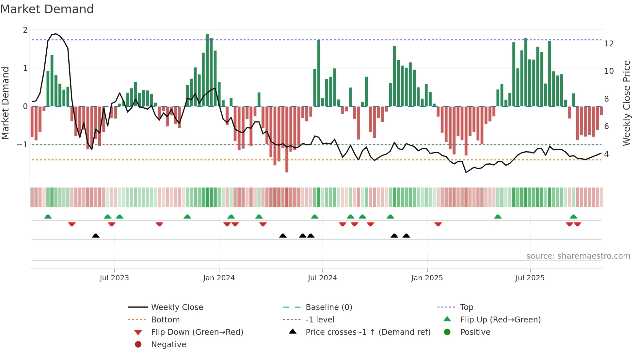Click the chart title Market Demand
pos(47,9)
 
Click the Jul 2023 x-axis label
pos(114,278)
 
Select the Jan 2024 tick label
pos(219,278)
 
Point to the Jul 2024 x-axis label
pos(322,278)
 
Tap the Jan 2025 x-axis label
pos(427,278)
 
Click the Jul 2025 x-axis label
pos(530,278)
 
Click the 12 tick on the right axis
pos(609,44)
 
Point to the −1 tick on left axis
pos(22,145)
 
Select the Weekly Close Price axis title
pos(626,103)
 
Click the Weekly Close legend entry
pos(177,307)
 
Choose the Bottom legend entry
pos(165,320)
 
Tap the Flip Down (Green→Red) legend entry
pos(197,332)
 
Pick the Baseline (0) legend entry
pos(328,307)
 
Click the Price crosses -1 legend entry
pos(368,332)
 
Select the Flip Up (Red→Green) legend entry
pos(500,320)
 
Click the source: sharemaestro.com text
pos(578,256)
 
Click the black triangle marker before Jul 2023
pos(96,236)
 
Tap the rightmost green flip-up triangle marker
pos(573,217)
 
